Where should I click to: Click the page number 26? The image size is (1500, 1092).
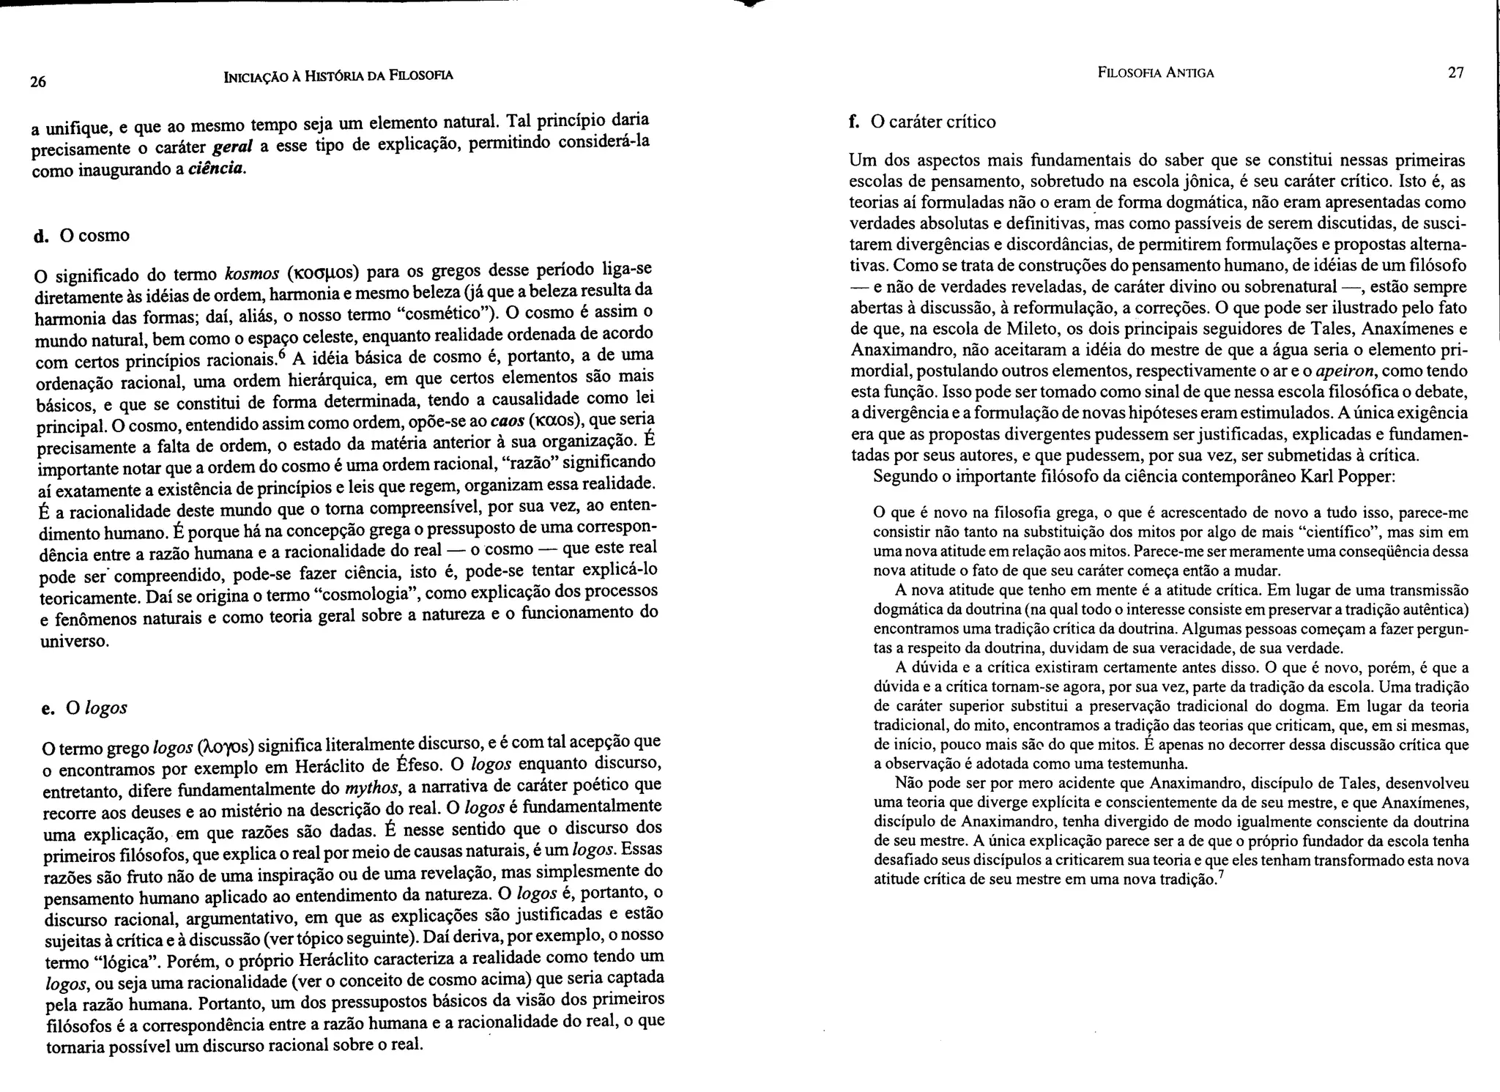(38, 82)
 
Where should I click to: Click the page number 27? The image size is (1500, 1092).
(1456, 73)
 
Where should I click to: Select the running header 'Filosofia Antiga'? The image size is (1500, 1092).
(1156, 73)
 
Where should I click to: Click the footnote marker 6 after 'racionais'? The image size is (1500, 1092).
(281, 354)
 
